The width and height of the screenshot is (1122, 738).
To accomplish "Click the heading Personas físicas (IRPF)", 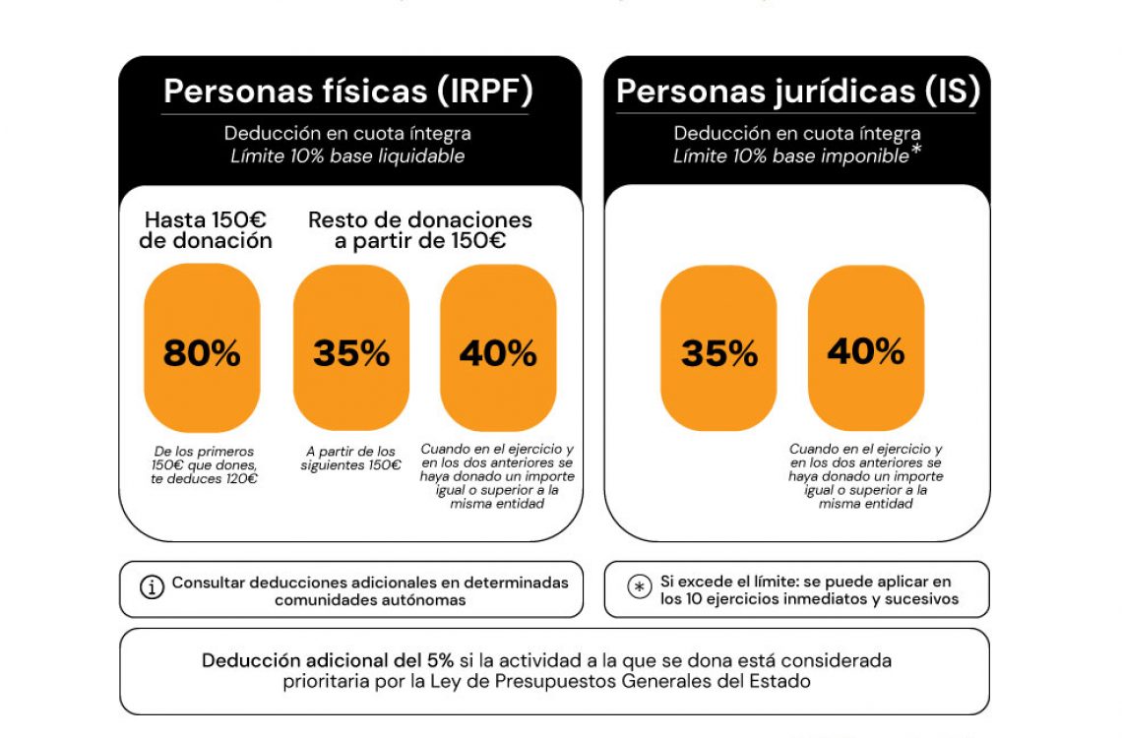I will click(x=348, y=91).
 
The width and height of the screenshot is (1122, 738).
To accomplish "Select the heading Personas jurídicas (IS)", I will click(x=797, y=91).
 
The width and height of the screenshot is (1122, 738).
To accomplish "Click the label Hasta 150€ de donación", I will click(x=206, y=230).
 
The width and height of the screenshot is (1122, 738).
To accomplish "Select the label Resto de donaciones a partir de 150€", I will click(x=420, y=230).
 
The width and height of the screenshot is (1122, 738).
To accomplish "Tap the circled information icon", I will click(x=152, y=588).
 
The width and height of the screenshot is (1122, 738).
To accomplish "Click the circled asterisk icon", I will click(x=640, y=587).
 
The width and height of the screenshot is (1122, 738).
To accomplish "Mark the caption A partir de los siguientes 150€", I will click(x=351, y=459).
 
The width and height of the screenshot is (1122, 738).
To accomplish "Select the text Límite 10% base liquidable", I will click(x=347, y=156).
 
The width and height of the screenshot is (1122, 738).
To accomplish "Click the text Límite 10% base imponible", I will click(x=790, y=156).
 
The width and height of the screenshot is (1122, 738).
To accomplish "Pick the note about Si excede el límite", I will click(x=809, y=589).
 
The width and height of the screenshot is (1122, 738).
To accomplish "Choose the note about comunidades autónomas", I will click(x=369, y=590).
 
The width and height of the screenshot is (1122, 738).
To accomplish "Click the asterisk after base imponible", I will click(x=915, y=152).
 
